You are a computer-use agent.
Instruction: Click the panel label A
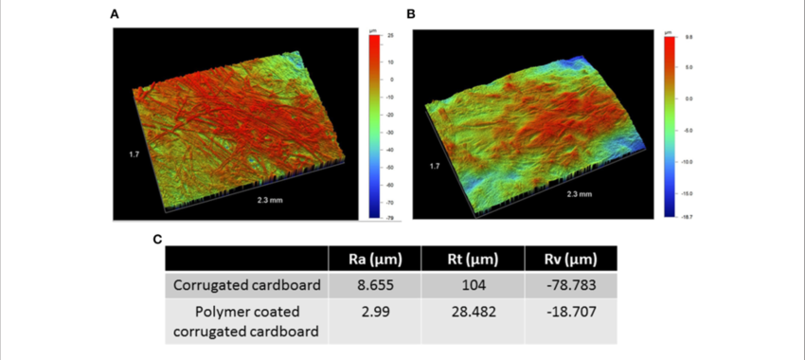[x=115, y=14]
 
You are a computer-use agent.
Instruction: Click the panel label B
[x=410, y=14]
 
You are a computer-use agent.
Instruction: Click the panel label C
[x=158, y=238]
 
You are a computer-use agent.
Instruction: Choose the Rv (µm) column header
[x=571, y=259]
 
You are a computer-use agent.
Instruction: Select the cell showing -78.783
[x=571, y=285]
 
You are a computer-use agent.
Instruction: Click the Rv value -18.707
[x=571, y=313]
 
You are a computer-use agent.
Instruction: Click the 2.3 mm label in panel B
[x=579, y=193]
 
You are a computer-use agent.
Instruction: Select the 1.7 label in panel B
[x=434, y=166]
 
